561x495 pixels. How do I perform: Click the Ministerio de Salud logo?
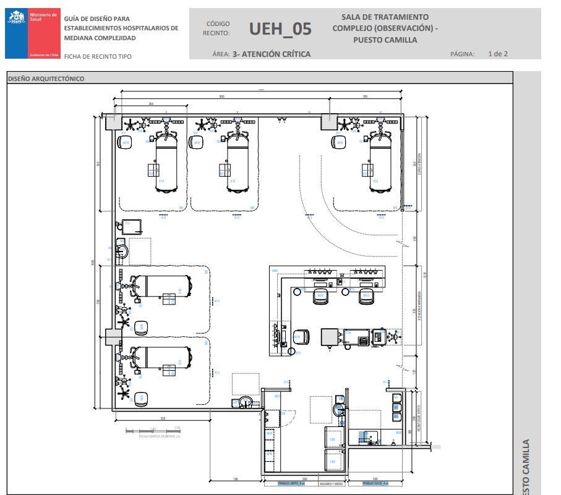[x=32, y=34]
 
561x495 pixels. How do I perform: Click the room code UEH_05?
[x=280, y=29]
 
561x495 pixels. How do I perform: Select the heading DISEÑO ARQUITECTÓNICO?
[x=47, y=78]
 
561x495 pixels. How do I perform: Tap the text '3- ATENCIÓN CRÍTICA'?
[x=272, y=54]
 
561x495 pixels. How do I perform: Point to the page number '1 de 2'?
[x=497, y=54]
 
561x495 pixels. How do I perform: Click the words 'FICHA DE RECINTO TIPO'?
[x=98, y=57]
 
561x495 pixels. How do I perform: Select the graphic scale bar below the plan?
[x=152, y=429]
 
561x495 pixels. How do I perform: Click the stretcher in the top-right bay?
[x=382, y=162]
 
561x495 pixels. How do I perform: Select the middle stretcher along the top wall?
[x=238, y=162]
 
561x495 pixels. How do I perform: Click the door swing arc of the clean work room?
[x=286, y=417]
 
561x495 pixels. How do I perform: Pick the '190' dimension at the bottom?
[x=236, y=480]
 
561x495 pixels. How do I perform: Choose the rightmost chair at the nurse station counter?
[x=366, y=295]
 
